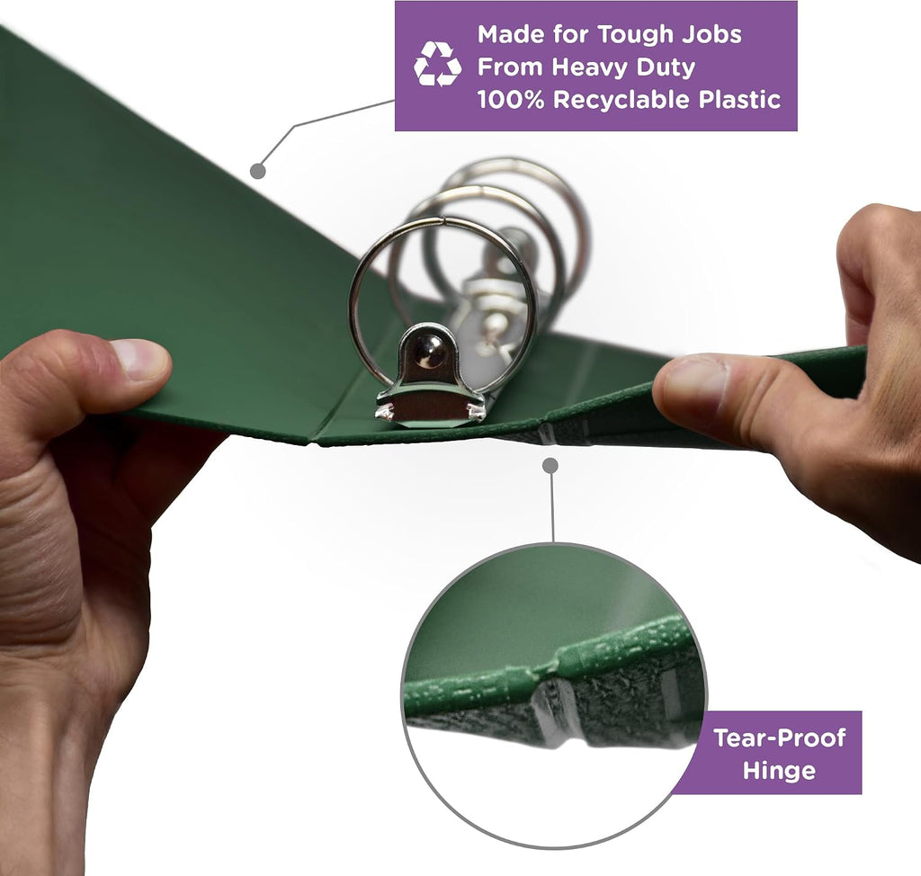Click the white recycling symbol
click(438, 64)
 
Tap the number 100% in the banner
click(511, 99)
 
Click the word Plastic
click(739, 99)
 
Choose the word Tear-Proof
click(780, 737)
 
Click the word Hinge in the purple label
click(779, 770)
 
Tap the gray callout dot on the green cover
click(258, 171)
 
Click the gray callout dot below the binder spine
click(550, 466)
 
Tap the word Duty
click(666, 67)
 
